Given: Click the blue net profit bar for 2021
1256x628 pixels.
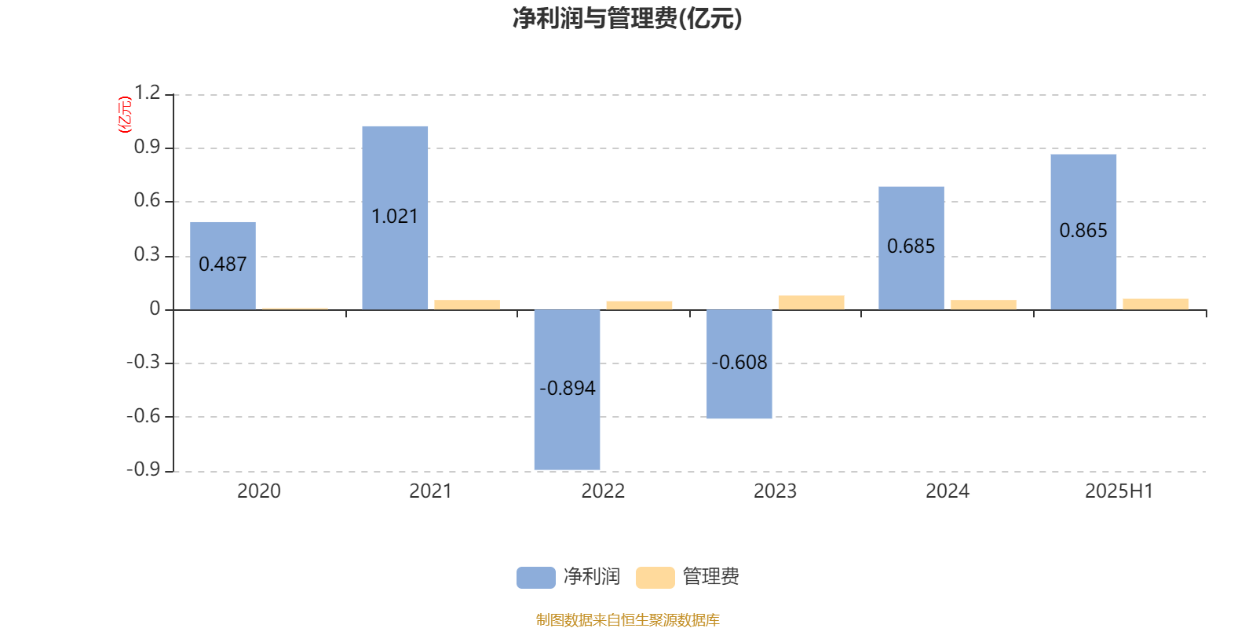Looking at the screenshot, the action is click(x=395, y=218).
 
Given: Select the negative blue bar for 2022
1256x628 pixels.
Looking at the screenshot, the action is click(x=567, y=389).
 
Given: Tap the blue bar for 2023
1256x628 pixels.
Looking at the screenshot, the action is click(x=739, y=364).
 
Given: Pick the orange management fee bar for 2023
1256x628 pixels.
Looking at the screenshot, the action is click(x=812, y=303).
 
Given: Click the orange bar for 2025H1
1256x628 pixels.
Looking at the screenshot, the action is click(x=1156, y=304).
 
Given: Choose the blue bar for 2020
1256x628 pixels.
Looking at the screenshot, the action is click(x=223, y=266).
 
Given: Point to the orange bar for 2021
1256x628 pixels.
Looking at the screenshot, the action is click(x=467, y=305).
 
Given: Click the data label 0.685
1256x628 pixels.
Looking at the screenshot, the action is click(x=911, y=246).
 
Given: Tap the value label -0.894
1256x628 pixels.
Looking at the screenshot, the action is click(x=567, y=388).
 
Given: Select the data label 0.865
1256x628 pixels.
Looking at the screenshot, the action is click(x=1083, y=231).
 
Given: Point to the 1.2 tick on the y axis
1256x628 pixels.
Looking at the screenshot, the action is click(x=147, y=93).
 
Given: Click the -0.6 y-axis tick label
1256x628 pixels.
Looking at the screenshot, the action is click(x=144, y=416).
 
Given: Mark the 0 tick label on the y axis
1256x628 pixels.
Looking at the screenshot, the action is click(x=155, y=309).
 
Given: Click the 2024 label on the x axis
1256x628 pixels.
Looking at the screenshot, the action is click(x=947, y=491).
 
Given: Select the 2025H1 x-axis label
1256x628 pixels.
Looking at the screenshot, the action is click(x=1119, y=491).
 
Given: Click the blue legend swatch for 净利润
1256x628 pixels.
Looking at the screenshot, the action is click(x=536, y=578).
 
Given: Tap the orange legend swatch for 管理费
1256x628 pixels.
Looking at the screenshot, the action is click(x=655, y=578).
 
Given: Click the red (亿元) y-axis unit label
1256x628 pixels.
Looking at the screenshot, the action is click(x=125, y=115).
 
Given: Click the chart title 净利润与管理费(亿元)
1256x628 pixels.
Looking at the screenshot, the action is click(x=627, y=19).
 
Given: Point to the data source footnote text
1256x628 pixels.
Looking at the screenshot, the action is click(x=627, y=619).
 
